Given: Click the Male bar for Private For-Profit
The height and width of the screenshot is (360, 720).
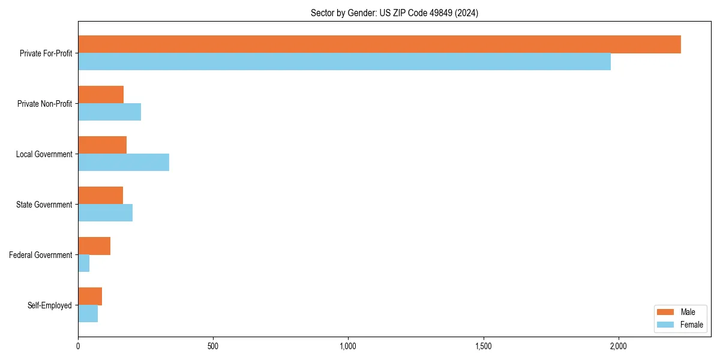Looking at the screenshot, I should pos(379,44).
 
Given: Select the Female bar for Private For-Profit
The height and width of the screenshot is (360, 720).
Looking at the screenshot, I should pos(344,62).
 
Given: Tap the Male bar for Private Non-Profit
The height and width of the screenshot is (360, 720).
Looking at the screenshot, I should pos(101,95).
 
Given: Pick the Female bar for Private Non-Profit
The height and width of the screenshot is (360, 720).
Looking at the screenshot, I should pos(109,112).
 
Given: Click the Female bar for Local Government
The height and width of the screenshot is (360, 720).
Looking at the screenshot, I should pos(124,163).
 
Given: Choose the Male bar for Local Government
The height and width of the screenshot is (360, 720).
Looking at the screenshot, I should pos(102,145).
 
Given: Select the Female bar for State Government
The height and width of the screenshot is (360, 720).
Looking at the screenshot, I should pos(105,213).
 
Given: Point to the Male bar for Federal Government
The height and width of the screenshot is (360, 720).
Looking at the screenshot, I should pos(94,246).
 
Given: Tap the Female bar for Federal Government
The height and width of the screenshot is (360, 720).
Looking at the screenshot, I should pos(84,263).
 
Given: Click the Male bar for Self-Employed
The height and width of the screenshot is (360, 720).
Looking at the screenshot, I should pos(90,296).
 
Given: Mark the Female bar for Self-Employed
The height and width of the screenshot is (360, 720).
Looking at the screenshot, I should pos(88,314).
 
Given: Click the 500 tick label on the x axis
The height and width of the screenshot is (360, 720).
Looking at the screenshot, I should pos(213,346).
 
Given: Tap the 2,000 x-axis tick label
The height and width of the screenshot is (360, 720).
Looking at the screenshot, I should pos(618,346).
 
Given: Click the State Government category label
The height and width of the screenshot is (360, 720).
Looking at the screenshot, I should pos(44,205).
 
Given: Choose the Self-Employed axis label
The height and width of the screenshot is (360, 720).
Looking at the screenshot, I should pos(49,305).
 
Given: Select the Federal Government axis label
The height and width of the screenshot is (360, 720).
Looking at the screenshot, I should pos(40,255).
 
